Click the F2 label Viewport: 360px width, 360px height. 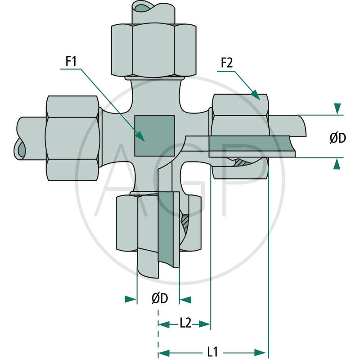pos(226,63)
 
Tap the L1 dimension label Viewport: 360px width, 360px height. pos(214,351)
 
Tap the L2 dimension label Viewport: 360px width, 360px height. pos(185,324)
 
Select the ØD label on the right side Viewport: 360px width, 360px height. pos(337,138)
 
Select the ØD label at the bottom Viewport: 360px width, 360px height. pos(159,299)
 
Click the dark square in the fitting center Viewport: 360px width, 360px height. pos(154,135)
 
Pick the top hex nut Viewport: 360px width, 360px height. pos(153,49)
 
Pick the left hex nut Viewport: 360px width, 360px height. pos(72,138)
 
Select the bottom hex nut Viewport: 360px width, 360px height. pos(135,223)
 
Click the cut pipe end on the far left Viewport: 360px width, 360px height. pos(20,148)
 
